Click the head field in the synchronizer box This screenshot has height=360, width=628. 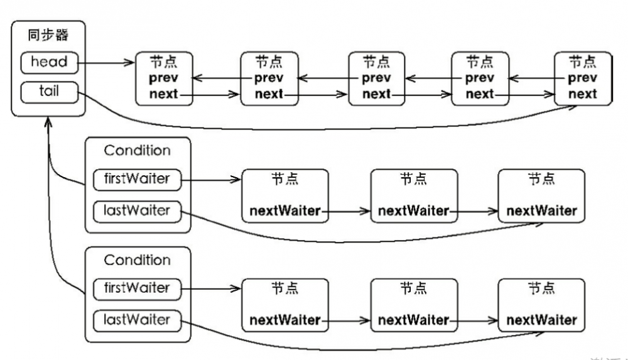48,62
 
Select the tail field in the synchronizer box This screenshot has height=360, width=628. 48,91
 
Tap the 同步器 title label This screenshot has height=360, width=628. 48,35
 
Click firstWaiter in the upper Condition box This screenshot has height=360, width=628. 137,179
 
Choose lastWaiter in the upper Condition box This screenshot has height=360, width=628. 137,210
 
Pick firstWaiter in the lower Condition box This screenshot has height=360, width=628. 137,288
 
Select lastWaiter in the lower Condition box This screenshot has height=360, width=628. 137,320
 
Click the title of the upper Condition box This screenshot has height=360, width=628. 137,151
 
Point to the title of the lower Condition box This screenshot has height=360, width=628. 137,260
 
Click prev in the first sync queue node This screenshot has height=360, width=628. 163,79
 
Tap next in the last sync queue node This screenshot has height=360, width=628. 582,94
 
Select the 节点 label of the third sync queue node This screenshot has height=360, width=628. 376,62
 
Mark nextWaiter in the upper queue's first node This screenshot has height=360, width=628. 285,211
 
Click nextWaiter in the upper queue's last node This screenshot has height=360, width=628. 541,211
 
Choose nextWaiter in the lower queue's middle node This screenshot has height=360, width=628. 413,320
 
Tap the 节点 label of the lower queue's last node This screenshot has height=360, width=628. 541,288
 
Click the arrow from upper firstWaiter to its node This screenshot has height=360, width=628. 210,179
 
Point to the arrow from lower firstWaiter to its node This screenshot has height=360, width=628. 210,288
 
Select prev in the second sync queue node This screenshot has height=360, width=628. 269,79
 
